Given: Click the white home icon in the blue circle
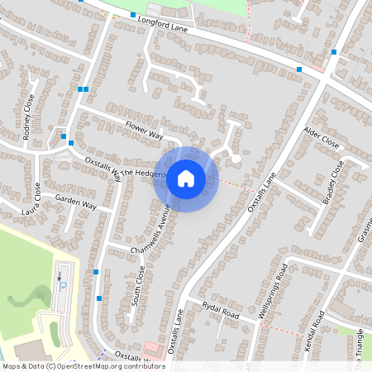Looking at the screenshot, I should (x=186, y=178).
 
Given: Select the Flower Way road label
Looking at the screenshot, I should (x=145, y=130).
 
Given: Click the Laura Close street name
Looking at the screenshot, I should (x=36, y=198).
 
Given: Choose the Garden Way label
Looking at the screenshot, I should (x=76, y=203).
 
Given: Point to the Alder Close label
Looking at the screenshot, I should (x=322, y=137).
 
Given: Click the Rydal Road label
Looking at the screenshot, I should (x=220, y=311).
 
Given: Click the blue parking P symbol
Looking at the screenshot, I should (x=63, y=286).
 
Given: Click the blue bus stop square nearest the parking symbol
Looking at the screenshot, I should (x=97, y=272).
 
